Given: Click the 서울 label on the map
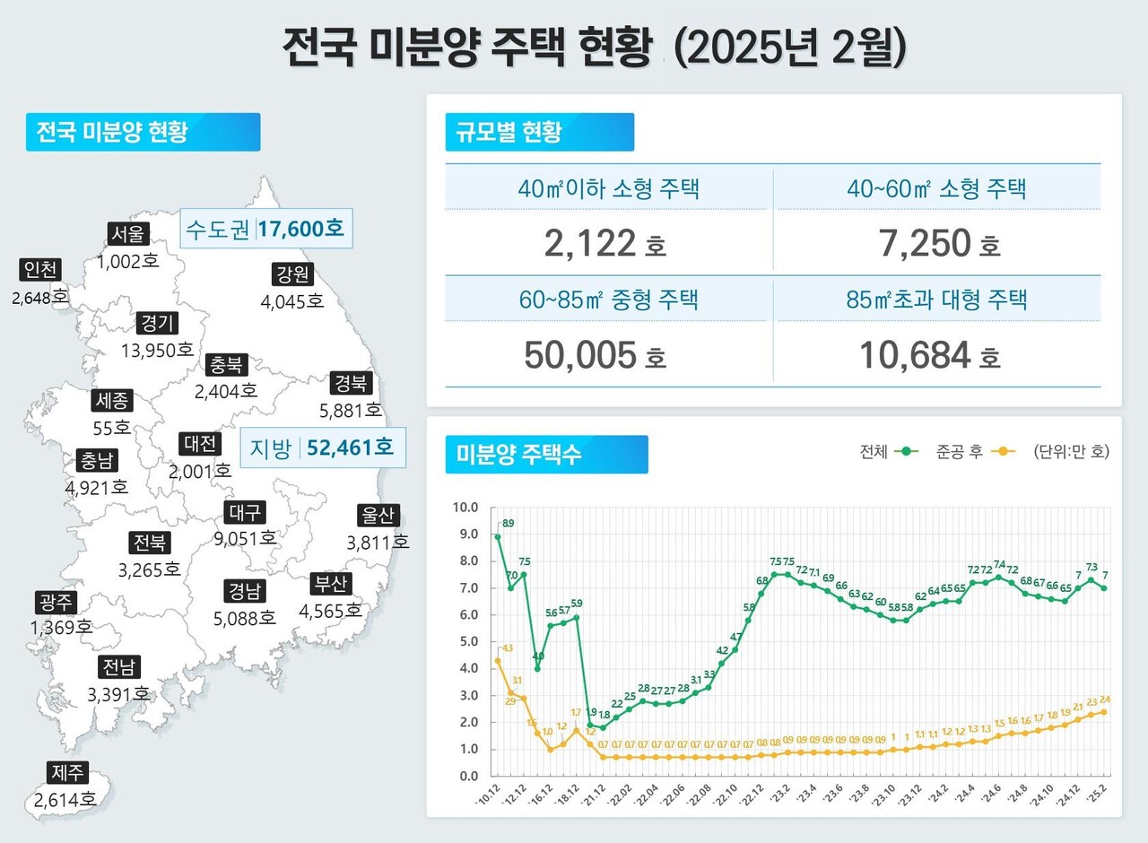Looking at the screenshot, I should coord(126,234).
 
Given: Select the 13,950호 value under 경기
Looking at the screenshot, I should coord(157,350).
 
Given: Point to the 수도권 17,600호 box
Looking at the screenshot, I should coord(265,229).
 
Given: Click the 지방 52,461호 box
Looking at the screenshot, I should coord(323,448).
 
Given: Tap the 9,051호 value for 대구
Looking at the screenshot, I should coord(244,538).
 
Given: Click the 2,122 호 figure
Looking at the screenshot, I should coord(604,243).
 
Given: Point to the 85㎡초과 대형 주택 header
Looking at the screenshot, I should coord(937,300).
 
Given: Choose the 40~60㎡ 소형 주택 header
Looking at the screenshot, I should coord(937,189).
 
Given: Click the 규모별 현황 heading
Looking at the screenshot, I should coord(539,132).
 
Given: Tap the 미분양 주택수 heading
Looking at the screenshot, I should coord(546,454).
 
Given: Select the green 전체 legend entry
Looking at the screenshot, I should coord(889,452).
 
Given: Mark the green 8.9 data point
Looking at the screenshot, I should coord(498,536).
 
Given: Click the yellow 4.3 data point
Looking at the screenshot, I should coord(498,661).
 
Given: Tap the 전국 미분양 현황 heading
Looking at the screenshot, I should coord(143,132).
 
